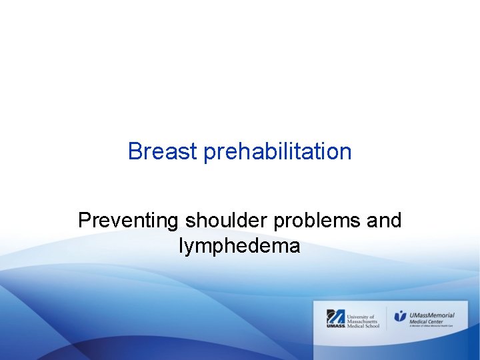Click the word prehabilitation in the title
(x=277, y=152)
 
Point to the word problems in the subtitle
(x=315, y=221)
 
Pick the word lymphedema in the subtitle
(x=239, y=246)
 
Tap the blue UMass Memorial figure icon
(x=400, y=316)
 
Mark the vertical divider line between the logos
(x=387, y=318)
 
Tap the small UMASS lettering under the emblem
(x=335, y=326)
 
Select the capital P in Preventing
(x=84, y=220)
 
